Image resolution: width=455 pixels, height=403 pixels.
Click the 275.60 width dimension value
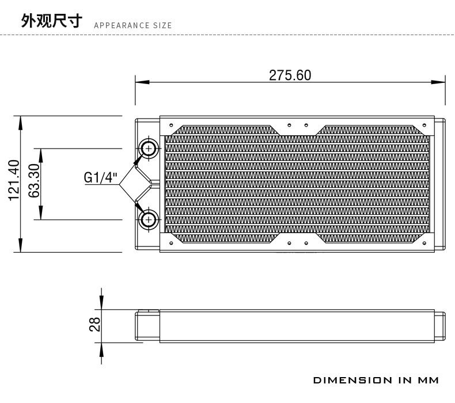pos(290,75)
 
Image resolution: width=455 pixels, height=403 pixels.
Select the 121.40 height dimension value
pos(14,180)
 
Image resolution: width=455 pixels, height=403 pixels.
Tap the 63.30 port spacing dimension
pos(34,180)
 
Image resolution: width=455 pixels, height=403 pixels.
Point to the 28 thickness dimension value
pos(94,324)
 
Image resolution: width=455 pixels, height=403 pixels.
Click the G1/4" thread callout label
pos(100,177)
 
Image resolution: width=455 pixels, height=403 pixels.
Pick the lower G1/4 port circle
pos(149,219)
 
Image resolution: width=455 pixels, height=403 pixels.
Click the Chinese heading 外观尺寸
pos(52,20)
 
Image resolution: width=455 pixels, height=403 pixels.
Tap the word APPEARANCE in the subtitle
pos(122,25)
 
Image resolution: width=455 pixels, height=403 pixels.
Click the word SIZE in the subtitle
pos(162,25)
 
